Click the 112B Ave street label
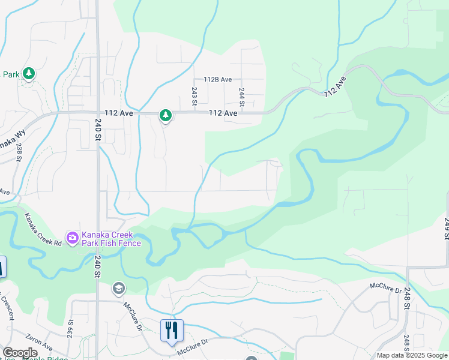[x=217, y=79]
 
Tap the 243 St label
[x=194, y=96]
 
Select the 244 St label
[x=243, y=97]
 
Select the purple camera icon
[x=73, y=238]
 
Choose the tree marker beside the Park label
[x=29, y=74]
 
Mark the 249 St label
[x=447, y=229]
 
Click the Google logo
[x=20, y=353]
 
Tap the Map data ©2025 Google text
[x=411, y=355]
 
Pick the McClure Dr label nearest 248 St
[x=385, y=288]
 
